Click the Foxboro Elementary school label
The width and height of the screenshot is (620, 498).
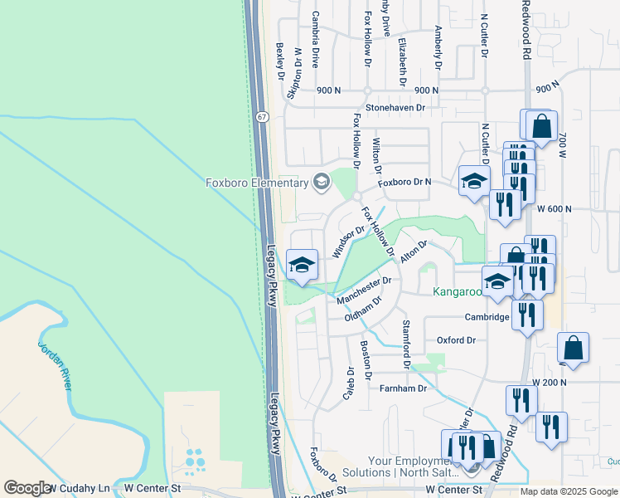coord(256,182)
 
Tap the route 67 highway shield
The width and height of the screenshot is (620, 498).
coord(261,116)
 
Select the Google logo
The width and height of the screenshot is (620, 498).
coord(27,488)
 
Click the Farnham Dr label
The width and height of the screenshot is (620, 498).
coord(403,388)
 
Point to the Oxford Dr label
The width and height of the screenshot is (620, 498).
coord(456,340)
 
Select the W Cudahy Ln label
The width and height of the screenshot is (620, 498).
coord(79,488)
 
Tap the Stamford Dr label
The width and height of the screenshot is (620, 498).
coord(406,344)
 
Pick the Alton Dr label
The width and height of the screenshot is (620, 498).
coord(413,251)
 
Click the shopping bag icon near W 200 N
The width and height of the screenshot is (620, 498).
coord(574,349)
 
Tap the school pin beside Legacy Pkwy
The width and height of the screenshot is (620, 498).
coord(302,266)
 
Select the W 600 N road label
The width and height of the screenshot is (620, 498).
coord(555,210)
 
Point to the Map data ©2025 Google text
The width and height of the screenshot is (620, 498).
coord(568,491)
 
